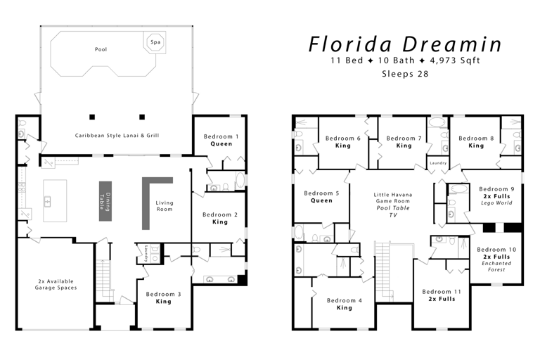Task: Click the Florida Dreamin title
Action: [x=406, y=44]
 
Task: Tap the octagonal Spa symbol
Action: [x=154, y=41]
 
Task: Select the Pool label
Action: [x=101, y=49]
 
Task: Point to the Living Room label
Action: [x=164, y=206]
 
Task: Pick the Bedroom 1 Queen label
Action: [x=221, y=140]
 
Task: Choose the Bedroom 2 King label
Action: [x=219, y=218]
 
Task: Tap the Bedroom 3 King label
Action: [x=163, y=297]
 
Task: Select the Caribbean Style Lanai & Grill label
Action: [x=117, y=135]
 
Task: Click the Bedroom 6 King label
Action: [x=343, y=142]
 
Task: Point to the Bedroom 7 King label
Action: [x=404, y=142]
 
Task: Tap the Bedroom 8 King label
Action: [x=475, y=142]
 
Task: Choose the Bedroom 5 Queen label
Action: [x=321, y=196]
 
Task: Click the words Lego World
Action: [x=496, y=203]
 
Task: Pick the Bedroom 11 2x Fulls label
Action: [x=442, y=295]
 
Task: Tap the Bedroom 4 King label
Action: [x=344, y=304]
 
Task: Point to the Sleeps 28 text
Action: [x=404, y=73]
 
